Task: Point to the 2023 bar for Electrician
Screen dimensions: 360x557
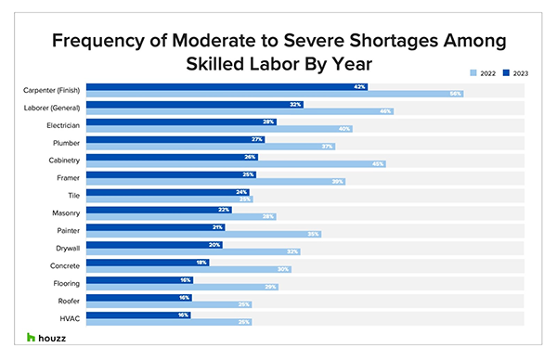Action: [x=186, y=122]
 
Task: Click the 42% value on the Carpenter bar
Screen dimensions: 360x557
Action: [x=359, y=86]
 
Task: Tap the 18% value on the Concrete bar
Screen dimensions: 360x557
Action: [x=201, y=262]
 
